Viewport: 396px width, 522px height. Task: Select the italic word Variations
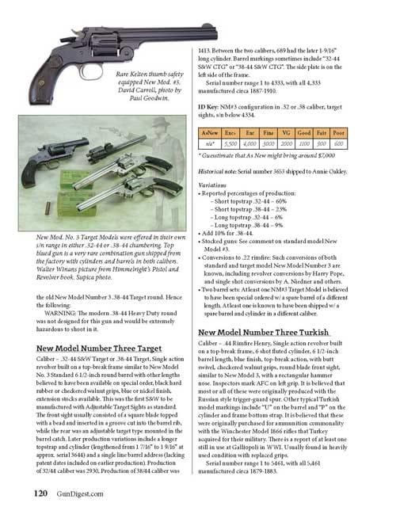(x=214, y=183)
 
